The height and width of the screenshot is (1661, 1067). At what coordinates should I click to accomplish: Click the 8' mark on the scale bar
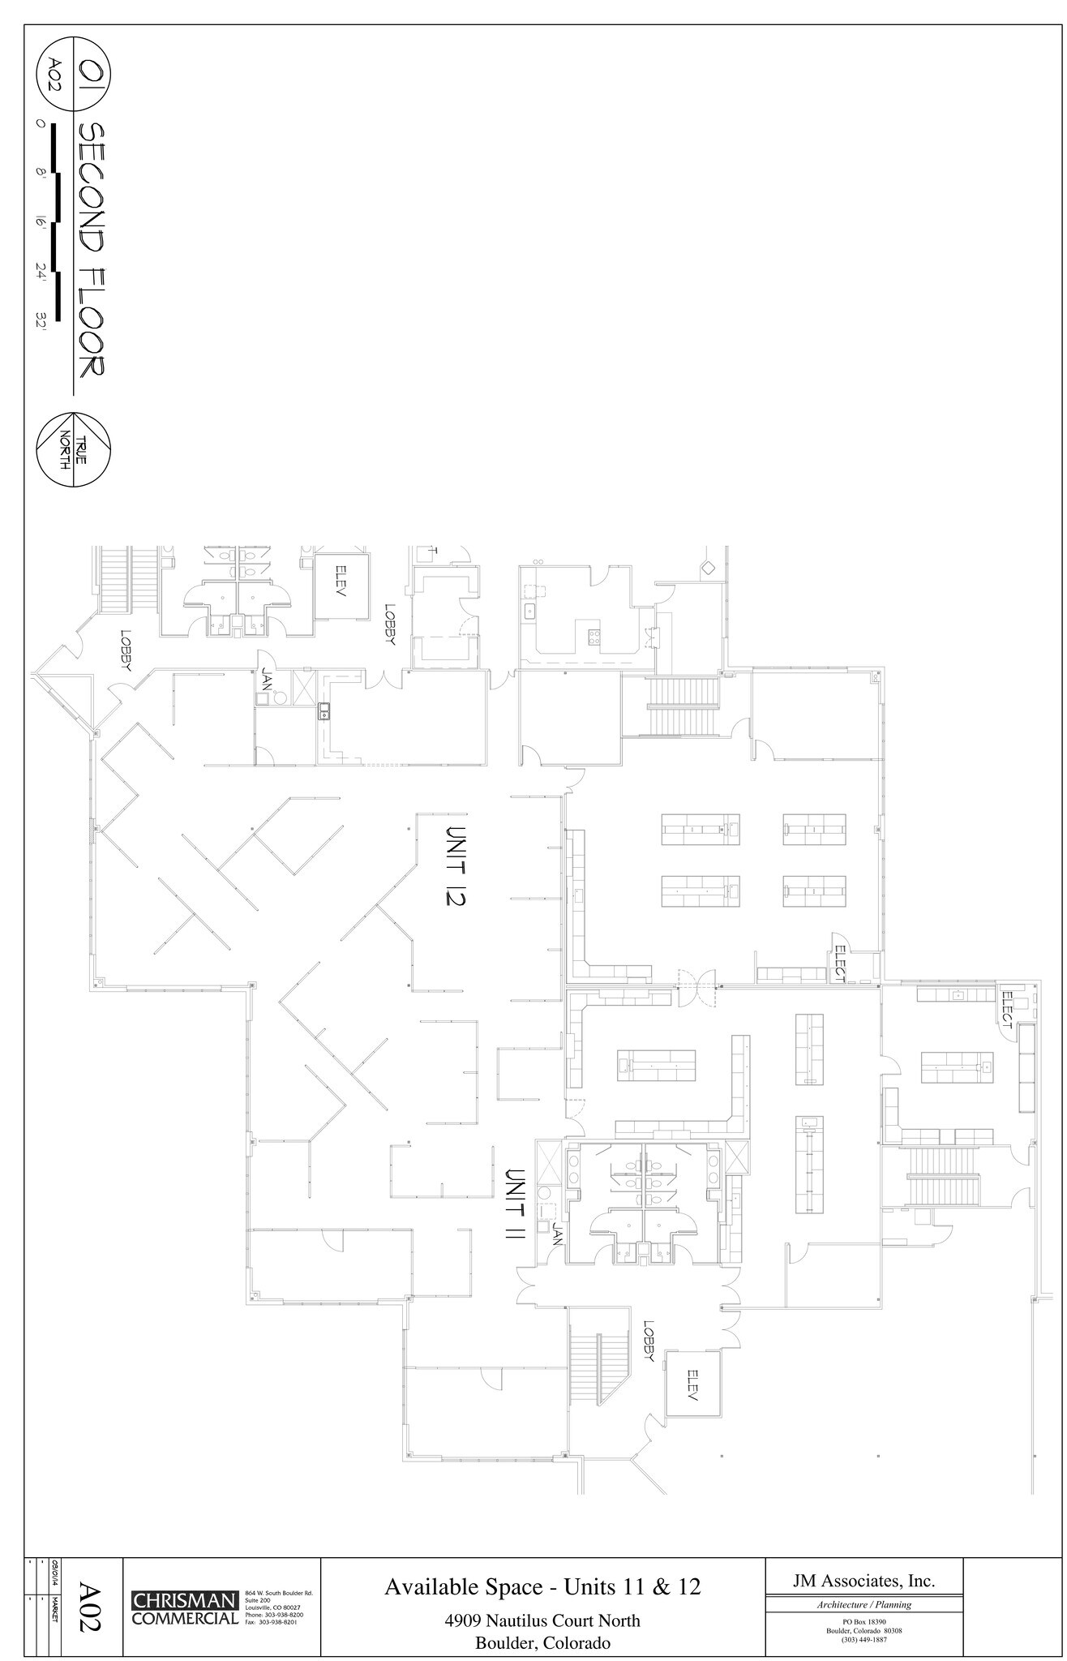pos(41,173)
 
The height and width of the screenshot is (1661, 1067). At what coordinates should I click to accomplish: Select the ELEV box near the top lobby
pos(341,582)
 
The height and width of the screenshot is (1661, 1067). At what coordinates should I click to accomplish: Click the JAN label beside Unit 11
pos(558,1235)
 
